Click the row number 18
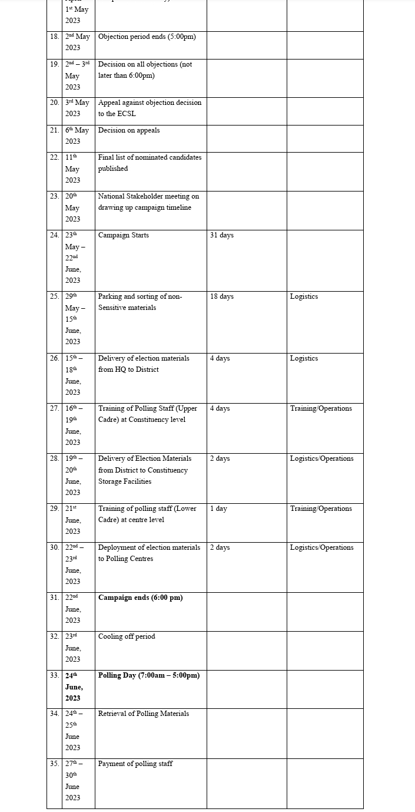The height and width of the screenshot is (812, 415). coord(54,37)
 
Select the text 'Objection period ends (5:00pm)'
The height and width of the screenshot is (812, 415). coord(147,37)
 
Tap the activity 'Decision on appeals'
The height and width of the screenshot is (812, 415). coord(129,130)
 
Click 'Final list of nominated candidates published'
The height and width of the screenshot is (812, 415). coord(150,163)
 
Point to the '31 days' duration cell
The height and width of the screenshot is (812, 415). coord(222,235)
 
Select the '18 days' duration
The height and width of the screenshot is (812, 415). coord(222,296)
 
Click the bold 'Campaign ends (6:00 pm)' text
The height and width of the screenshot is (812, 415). coord(140,598)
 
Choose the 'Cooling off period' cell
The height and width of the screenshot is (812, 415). coord(127,636)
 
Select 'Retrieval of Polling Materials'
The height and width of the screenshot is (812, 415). coord(144,714)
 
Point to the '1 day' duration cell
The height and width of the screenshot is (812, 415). coord(218,509)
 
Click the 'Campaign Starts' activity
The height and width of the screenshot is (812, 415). coord(124,235)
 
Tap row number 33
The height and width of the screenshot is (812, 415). coord(54,675)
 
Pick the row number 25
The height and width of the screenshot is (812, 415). coord(54,296)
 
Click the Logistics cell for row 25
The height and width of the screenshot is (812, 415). coord(304,296)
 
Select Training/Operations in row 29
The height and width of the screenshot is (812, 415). coord(321,509)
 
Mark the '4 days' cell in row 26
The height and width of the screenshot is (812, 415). coord(220,358)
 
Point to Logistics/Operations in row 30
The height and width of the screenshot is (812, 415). coord(321,547)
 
